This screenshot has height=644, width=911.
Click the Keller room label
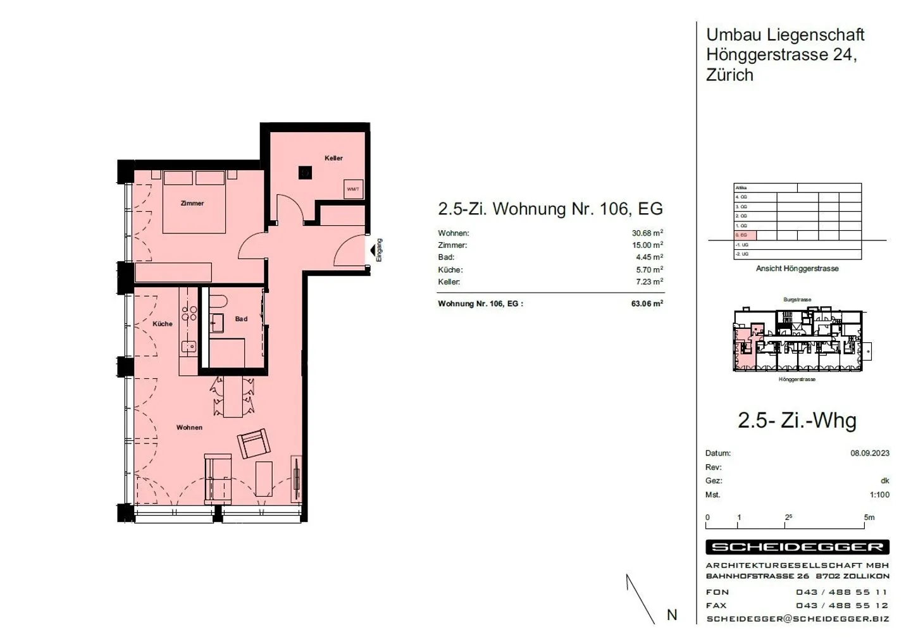pyautogui.click(x=333, y=158)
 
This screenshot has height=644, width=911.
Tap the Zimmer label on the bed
pyautogui.click(x=192, y=203)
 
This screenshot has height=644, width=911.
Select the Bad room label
pyautogui.click(x=241, y=319)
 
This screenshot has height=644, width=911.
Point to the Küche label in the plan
pyautogui.click(x=163, y=324)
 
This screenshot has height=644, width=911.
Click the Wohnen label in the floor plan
pyautogui.click(x=189, y=428)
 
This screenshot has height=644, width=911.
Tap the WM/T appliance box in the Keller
pyautogui.click(x=353, y=189)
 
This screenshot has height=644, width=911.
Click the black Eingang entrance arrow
pyautogui.click(x=373, y=251)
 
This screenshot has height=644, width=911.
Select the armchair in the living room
pyautogui.click(x=254, y=443)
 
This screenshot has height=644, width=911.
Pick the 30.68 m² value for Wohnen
pyautogui.click(x=647, y=233)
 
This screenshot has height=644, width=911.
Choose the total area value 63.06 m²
pyautogui.click(x=647, y=304)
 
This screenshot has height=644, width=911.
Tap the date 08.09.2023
pyautogui.click(x=869, y=453)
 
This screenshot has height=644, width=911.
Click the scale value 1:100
pyautogui.click(x=879, y=495)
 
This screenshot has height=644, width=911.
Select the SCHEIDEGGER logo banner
pyautogui.click(x=797, y=547)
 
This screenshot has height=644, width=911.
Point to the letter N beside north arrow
pyautogui.click(x=672, y=615)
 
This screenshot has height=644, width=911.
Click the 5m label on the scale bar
pyautogui.click(x=869, y=517)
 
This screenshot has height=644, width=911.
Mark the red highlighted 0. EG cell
pyautogui.click(x=745, y=235)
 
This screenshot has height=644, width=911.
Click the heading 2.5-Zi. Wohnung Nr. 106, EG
pyautogui.click(x=550, y=209)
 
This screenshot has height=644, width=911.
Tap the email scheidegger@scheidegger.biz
pyautogui.click(x=797, y=619)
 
